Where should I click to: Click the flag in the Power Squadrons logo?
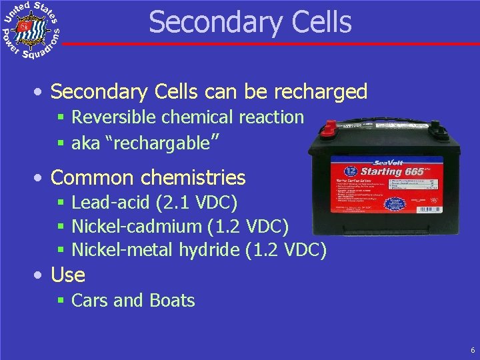pyautogui.click(x=25, y=27)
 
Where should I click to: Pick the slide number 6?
pyautogui.click(x=472, y=349)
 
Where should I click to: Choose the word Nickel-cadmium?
pyautogui.click(x=136, y=227)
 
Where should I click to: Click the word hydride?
pyautogui.click(x=209, y=250)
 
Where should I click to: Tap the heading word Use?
pyautogui.click(x=68, y=275)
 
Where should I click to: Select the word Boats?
pyautogui.click(x=173, y=301)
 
